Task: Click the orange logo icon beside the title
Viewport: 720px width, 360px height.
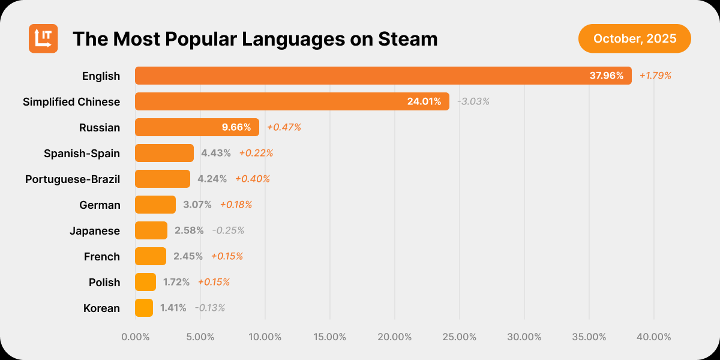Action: [x=43, y=38]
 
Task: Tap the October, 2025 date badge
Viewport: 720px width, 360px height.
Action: [x=635, y=39]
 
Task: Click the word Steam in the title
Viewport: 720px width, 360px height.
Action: [x=408, y=39]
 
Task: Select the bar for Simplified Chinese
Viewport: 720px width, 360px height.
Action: [x=292, y=101]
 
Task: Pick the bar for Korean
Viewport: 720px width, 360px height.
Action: [x=144, y=308]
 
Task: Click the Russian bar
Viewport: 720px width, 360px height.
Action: [x=197, y=127]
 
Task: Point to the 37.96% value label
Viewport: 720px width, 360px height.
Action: [x=607, y=76]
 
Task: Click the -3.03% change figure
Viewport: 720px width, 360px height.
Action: [x=473, y=101]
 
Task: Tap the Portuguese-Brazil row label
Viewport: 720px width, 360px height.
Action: [x=73, y=179]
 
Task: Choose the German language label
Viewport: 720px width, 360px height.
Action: [x=100, y=205]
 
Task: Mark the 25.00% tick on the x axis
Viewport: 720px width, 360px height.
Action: [x=460, y=337]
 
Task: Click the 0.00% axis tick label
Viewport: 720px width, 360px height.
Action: [x=136, y=337]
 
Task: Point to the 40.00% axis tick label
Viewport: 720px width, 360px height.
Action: [x=654, y=337]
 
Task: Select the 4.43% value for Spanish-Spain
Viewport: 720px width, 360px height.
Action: [x=216, y=153]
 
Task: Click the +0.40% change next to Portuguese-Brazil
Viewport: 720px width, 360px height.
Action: [x=253, y=179]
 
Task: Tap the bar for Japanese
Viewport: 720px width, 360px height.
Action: [x=151, y=230]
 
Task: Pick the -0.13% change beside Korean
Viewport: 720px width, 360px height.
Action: [x=209, y=308]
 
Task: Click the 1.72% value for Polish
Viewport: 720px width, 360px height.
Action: [x=176, y=282]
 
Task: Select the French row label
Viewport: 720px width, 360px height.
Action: [x=102, y=256]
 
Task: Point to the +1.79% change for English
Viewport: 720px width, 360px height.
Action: [x=655, y=76]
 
